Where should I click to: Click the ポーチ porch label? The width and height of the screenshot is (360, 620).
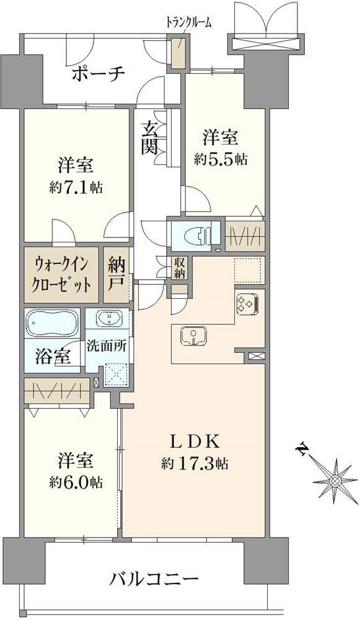pos(99,74)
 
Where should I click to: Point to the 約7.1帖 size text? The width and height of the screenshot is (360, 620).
pos(77,186)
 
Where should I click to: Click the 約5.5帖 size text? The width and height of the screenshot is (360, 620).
pos(221,159)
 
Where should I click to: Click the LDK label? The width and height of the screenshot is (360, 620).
pos(195,441)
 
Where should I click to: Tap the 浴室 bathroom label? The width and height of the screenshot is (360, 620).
pos(53,357)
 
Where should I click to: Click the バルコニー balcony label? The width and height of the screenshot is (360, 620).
pos(154,581)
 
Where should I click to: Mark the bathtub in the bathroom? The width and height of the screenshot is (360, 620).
pos(52,324)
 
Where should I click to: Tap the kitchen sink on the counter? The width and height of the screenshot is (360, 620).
pos(194,335)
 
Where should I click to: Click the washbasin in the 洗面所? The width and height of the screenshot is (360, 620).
pos(109,320)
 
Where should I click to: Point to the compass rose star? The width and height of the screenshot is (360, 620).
pos(335,480)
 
